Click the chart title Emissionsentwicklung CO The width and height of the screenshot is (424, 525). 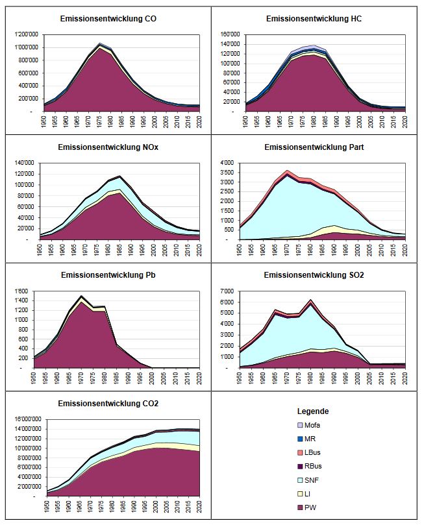click(x=107, y=19)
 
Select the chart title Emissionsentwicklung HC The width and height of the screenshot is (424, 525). click(x=314, y=19)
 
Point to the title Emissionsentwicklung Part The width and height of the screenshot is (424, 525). click(x=314, y=147)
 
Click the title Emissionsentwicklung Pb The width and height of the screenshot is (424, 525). click(x=107, y=275)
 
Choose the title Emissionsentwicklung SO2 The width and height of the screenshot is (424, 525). click(x=314, y=275)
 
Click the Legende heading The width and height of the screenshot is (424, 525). click(x=313, y=411)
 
